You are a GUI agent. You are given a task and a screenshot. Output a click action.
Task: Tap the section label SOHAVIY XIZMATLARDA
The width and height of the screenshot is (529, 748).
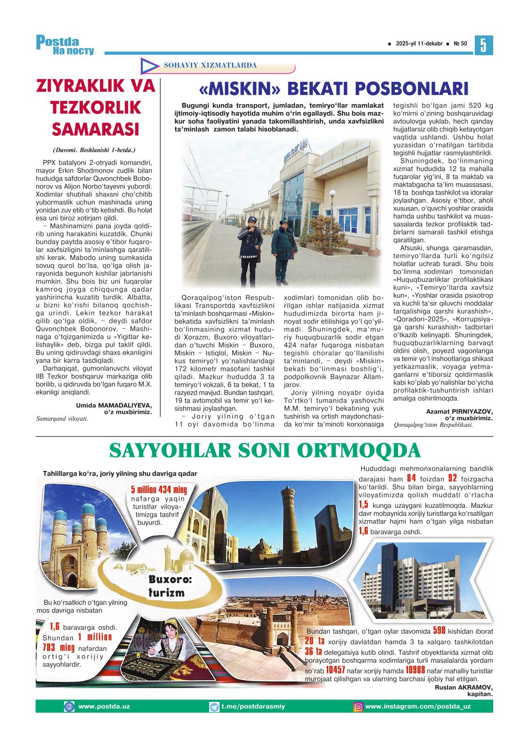coord(210,65)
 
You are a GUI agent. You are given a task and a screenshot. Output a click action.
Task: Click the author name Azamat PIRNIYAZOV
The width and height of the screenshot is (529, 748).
coord(459,411)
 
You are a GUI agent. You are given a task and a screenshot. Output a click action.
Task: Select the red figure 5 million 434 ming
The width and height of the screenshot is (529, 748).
coord(159,489)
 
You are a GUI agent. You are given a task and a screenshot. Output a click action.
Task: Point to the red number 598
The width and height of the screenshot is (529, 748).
coord(439,631)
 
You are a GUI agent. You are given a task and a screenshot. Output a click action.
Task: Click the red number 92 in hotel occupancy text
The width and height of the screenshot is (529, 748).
coord(453,479)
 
